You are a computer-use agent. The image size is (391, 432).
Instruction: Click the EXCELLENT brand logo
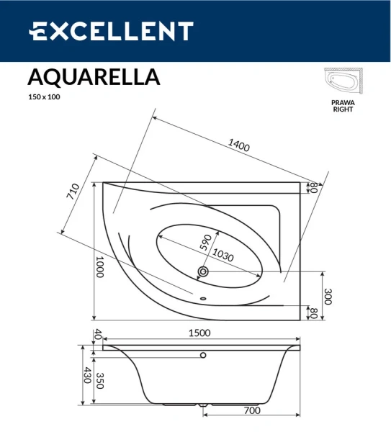(110, 31)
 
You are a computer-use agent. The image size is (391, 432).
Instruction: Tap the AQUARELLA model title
(94, 76)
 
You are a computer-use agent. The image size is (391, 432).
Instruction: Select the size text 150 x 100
(44, 96)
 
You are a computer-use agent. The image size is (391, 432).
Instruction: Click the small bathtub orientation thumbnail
(342, 83)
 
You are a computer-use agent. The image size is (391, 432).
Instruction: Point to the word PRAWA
(343, 103)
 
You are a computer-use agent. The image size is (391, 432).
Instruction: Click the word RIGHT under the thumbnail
(343, 110)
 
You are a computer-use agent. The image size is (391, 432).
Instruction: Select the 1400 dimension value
(238, 144)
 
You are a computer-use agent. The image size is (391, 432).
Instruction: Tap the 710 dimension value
(72, 192)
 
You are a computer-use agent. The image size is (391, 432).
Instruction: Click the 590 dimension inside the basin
(206, 241)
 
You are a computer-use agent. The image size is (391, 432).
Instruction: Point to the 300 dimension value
(328, 296)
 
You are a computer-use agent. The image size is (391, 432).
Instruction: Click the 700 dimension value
(251, 410)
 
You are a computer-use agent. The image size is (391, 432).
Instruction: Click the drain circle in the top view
(203, 271)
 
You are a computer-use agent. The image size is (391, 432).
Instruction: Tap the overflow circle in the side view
(204, 355)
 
